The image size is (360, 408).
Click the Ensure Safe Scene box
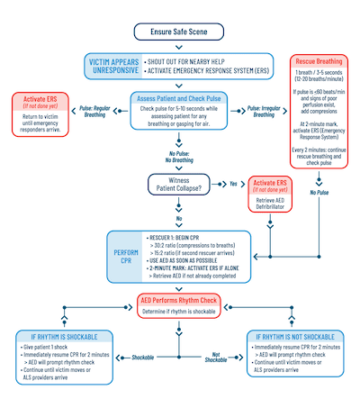click(x=179, y=32)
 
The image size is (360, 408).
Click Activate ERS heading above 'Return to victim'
click(x=39, y=97)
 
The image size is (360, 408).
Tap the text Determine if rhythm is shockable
click(x=179, y=311)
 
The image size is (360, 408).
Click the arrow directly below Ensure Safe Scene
click(x=179, y=47)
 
